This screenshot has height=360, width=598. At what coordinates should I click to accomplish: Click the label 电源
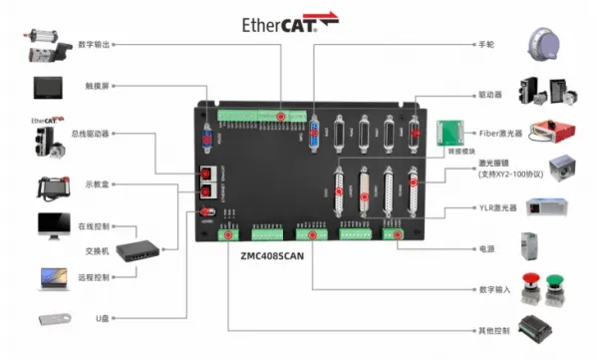pos(485,248)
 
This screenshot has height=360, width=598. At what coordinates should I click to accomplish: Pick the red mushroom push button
pos(530,282)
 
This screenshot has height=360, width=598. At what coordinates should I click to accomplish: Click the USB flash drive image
pos(56,319)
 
